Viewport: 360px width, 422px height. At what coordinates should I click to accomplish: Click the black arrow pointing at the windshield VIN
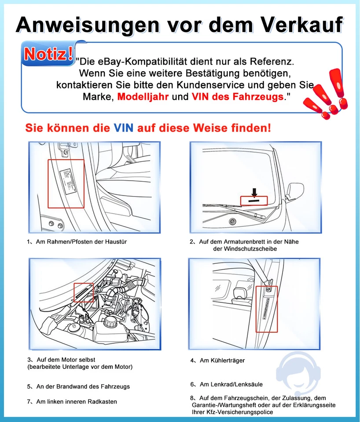[254, 192]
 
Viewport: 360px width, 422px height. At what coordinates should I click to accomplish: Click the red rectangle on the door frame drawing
[66, 183]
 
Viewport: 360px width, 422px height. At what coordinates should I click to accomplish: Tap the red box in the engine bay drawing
[84, 293]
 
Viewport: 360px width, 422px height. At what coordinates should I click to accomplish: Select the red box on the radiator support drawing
[266, 308]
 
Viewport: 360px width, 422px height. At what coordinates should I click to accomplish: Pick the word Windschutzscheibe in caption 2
[245, 249]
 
